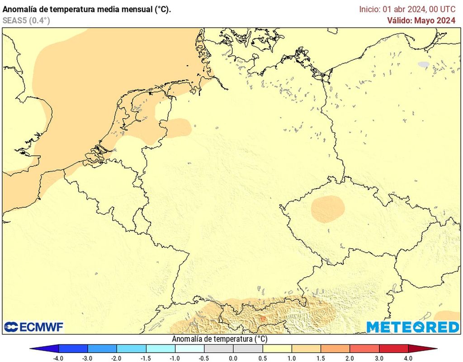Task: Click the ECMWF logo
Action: click(x=34, y=327)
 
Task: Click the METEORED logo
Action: click(x=412, y=327)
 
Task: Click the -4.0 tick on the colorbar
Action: click(x=58, y=358)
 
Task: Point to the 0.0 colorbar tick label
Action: click(x=233, y=358)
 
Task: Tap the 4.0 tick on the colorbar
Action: click(x=408, y=358)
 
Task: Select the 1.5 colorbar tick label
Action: click(x=321, y=358)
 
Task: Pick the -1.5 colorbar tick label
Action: click(x=146, y=358)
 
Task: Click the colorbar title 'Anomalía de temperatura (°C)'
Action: click(x=220, y=339)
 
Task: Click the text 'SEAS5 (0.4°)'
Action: click(x=26, y=20)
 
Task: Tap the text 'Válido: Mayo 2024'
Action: click(x=421, y=20)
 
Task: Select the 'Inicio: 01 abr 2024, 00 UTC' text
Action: click(x=407, y=9)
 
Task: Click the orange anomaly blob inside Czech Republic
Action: click(x=328, y=208)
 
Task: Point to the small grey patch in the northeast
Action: click(x=423, y=65)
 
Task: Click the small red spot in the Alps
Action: click(x=262, y=319)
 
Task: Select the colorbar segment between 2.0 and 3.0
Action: click(x=364, y=348)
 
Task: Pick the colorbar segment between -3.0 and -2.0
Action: click(x=102, y=348)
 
